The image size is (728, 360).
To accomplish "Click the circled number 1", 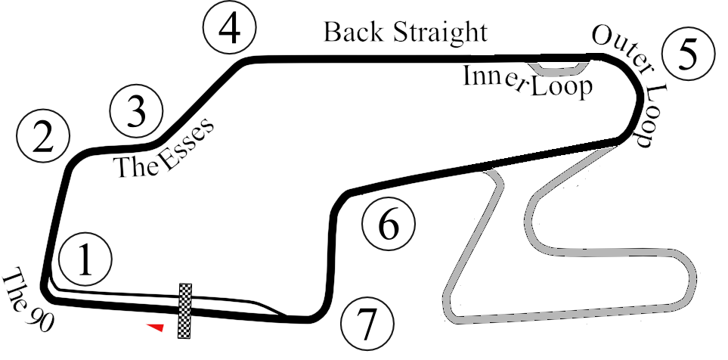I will [x=86, y=259].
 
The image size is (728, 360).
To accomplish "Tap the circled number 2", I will [x=43, y=137].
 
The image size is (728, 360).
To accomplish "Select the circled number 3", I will [x=137, y=110].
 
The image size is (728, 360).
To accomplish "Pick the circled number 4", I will [x=231, y=28].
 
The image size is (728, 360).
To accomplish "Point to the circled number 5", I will [x=687, y=54].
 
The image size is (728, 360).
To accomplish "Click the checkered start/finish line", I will [x=185, y=311].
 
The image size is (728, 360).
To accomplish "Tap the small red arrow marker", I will [x=156, y=326].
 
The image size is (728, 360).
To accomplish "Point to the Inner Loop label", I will [x=527, y=82].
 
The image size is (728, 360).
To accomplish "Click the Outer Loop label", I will [x=627, y=83].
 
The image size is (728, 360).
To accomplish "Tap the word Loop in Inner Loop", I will [x=560, y=87].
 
